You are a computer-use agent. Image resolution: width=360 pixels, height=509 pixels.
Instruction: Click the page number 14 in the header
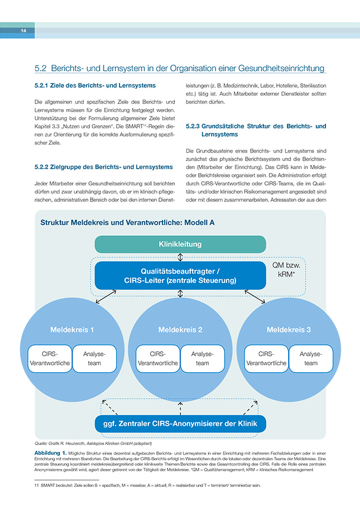23,31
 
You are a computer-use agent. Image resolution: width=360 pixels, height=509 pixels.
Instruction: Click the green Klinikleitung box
181,244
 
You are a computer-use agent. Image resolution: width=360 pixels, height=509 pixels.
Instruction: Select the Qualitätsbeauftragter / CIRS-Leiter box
181,275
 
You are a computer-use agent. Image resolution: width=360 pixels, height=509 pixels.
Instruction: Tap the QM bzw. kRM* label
286,270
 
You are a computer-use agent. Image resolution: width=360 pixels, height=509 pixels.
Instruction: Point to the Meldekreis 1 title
72,330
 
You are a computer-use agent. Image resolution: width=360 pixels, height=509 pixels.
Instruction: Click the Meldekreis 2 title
181,330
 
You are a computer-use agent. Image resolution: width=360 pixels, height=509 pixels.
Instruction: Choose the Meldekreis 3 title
289,330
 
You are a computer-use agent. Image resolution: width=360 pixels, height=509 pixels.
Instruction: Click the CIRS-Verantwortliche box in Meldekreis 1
50,359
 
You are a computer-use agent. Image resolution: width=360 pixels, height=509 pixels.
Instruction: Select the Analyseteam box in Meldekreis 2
203,359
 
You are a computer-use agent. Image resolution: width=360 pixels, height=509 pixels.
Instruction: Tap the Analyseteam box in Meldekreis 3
311,359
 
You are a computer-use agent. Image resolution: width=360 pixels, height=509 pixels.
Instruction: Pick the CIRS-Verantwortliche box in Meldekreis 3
266,359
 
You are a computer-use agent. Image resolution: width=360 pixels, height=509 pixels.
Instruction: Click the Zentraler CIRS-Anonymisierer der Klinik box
181,424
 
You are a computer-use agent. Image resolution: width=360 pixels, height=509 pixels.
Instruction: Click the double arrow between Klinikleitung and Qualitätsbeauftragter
181,257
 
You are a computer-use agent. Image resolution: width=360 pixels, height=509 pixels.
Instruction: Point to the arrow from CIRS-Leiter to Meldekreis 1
106,297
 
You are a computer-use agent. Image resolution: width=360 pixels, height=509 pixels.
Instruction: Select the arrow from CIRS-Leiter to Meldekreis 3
255,297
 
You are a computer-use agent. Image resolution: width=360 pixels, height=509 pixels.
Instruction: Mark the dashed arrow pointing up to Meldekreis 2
181,408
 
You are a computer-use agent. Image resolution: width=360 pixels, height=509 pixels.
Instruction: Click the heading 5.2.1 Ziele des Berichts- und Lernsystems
95,85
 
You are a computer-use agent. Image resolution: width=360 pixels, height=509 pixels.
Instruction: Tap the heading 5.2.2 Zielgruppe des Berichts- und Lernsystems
104,167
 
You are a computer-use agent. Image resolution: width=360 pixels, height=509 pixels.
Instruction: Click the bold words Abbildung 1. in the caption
50,453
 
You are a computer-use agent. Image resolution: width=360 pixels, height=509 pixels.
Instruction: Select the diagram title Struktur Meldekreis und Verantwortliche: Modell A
127,223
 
